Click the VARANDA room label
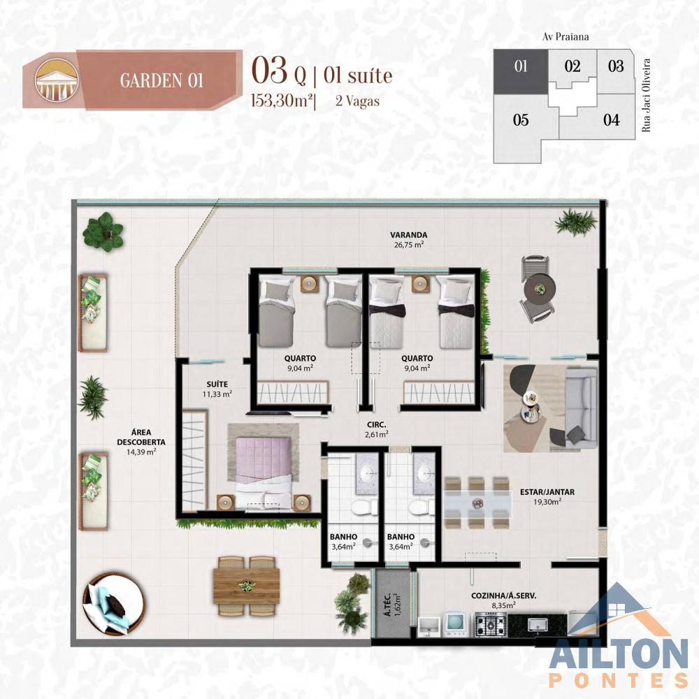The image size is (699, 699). coord(408,235)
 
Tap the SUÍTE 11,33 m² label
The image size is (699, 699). coord(217,389)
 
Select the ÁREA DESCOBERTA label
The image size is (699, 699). coord(141,442)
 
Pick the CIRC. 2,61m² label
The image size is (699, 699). coord(376,430)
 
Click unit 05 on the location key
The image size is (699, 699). coord(521,120)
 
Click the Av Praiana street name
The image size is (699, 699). coord(565,36)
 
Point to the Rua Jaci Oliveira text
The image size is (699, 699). coord(647,95)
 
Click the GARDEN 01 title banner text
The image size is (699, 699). coord(161,80)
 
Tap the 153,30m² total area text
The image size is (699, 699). coord(282,101)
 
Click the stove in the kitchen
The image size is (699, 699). coord(491,624)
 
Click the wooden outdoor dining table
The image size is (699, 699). coord(246,586)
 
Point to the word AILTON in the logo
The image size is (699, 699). coord(619,655)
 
